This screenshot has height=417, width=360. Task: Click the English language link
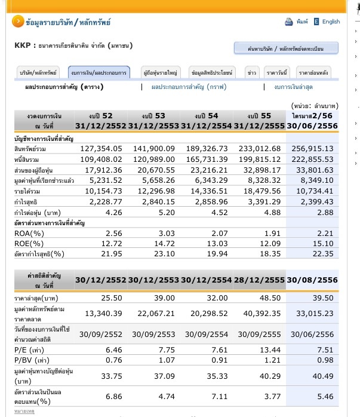coord(331,22)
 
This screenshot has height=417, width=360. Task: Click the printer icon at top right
coord(290,22)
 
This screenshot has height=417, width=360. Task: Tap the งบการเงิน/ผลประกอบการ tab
coord(99,72)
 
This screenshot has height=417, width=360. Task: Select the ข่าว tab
coord(252,72)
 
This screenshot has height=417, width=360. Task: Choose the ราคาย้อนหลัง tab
coord(313,72)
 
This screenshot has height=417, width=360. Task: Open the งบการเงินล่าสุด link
coord(294,87)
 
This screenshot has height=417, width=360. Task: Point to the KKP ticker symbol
coord(21,45)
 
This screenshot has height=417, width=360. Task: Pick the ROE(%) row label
coord(28,244)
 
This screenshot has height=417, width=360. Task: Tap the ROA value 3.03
coord(157,234)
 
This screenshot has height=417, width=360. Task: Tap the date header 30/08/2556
coord(313,280)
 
